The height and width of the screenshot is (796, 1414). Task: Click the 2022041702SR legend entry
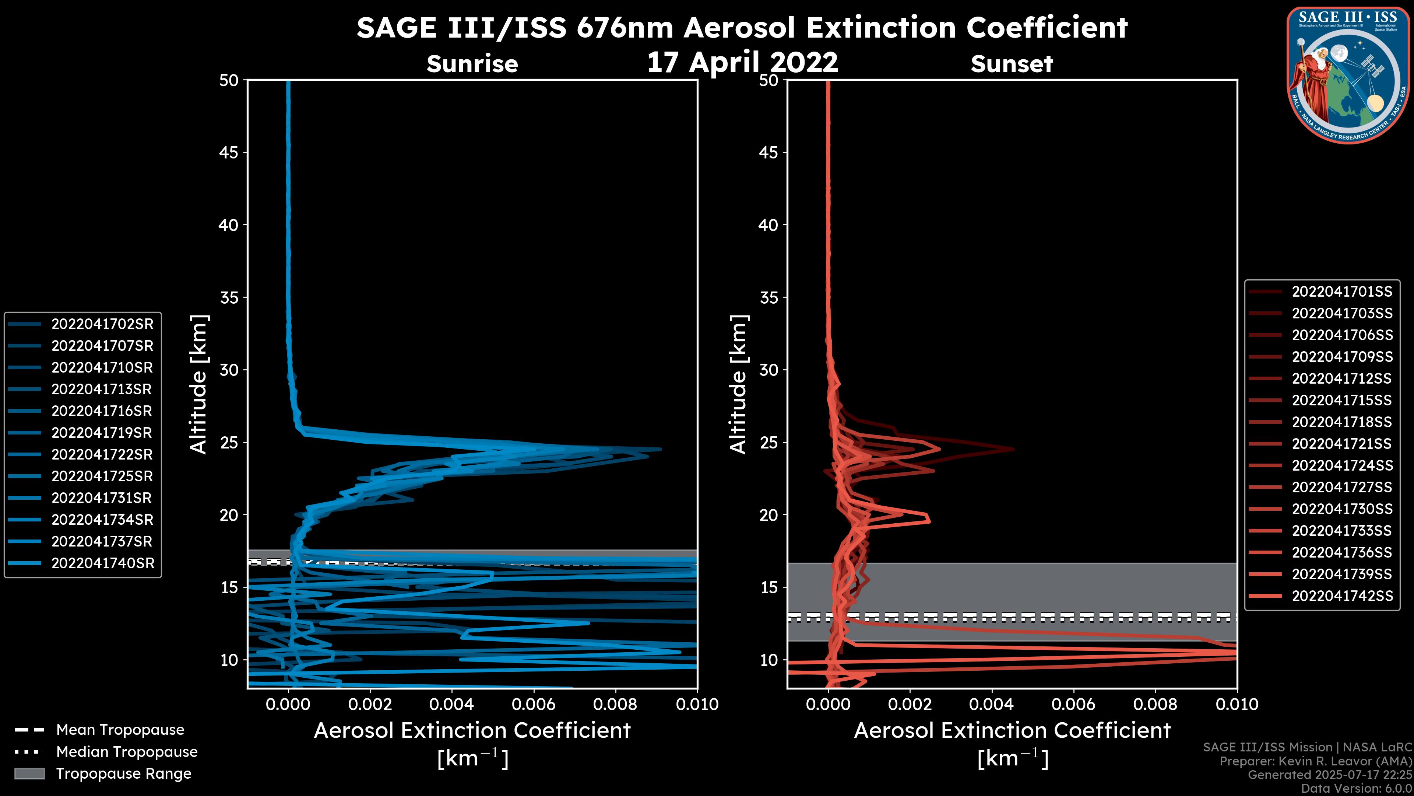102,324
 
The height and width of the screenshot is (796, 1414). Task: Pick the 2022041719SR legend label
102,433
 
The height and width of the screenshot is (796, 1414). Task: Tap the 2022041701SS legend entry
1341,292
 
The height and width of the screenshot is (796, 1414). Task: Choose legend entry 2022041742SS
1341,596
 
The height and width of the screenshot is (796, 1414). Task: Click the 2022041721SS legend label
1341,444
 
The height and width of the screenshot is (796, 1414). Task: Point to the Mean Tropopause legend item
120,730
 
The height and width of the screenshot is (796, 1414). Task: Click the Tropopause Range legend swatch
29,774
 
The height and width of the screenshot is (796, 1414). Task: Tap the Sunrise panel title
472,64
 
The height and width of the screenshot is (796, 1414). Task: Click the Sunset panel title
1012,64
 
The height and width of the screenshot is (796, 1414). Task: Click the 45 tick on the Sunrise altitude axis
229,152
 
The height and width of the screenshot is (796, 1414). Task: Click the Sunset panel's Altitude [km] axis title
738,384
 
